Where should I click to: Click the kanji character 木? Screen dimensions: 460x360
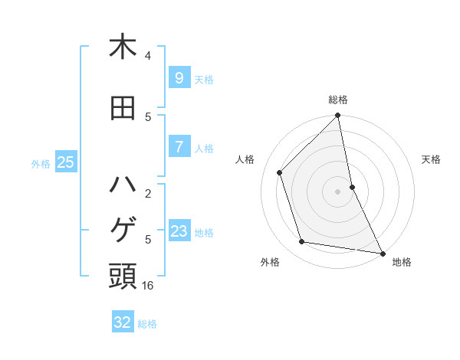(123, 47)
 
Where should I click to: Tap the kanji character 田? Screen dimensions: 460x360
(123, 108)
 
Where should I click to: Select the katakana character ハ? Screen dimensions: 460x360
(123, 185)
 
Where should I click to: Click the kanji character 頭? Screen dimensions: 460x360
(123, 277)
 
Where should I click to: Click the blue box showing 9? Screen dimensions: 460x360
(179, 78)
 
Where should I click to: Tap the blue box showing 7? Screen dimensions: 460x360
(179, 147)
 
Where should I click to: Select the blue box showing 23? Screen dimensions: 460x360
(179, 231)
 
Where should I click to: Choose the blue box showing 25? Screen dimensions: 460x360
(65, 162)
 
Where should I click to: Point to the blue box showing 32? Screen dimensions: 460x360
(123, 322)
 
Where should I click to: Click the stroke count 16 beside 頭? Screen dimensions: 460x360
(149, 286)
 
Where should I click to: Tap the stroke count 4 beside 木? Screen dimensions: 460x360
(148, 56)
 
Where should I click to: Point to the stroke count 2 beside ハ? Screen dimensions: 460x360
(148, 194)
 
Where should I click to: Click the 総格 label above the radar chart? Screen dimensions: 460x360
(338, 100)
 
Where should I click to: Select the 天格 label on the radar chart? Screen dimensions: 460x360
(432, 159)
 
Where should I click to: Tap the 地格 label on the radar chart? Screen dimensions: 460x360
(402, 262)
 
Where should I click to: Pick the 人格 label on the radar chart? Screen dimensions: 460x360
(245, 159)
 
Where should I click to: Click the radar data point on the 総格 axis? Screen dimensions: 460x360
(338, 116)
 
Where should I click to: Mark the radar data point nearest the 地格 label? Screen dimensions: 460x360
(382, 253)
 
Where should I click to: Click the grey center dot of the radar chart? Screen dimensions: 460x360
(338, 191)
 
